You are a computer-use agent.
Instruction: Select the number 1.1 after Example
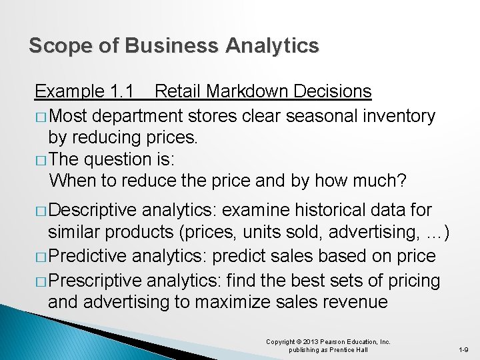tap(121, 91)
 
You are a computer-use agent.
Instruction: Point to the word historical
tap(322, 211)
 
